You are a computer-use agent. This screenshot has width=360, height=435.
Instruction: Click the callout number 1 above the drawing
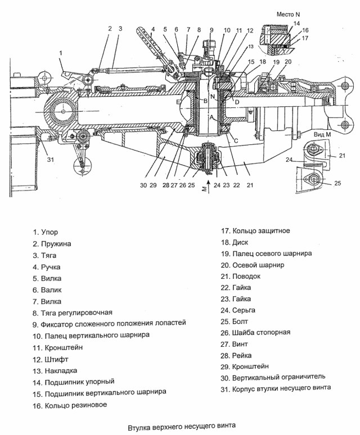[60, 53]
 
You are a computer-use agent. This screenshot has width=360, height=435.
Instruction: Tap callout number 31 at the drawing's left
[51, 160]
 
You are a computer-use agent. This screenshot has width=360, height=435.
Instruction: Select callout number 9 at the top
[211, 30]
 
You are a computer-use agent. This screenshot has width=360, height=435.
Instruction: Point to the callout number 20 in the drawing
[288, 62]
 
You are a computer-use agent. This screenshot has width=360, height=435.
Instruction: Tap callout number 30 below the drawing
[143, 184]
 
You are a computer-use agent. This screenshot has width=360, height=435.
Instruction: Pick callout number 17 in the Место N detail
[304, 39]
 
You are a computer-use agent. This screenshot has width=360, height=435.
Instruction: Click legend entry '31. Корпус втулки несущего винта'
[275, 388]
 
